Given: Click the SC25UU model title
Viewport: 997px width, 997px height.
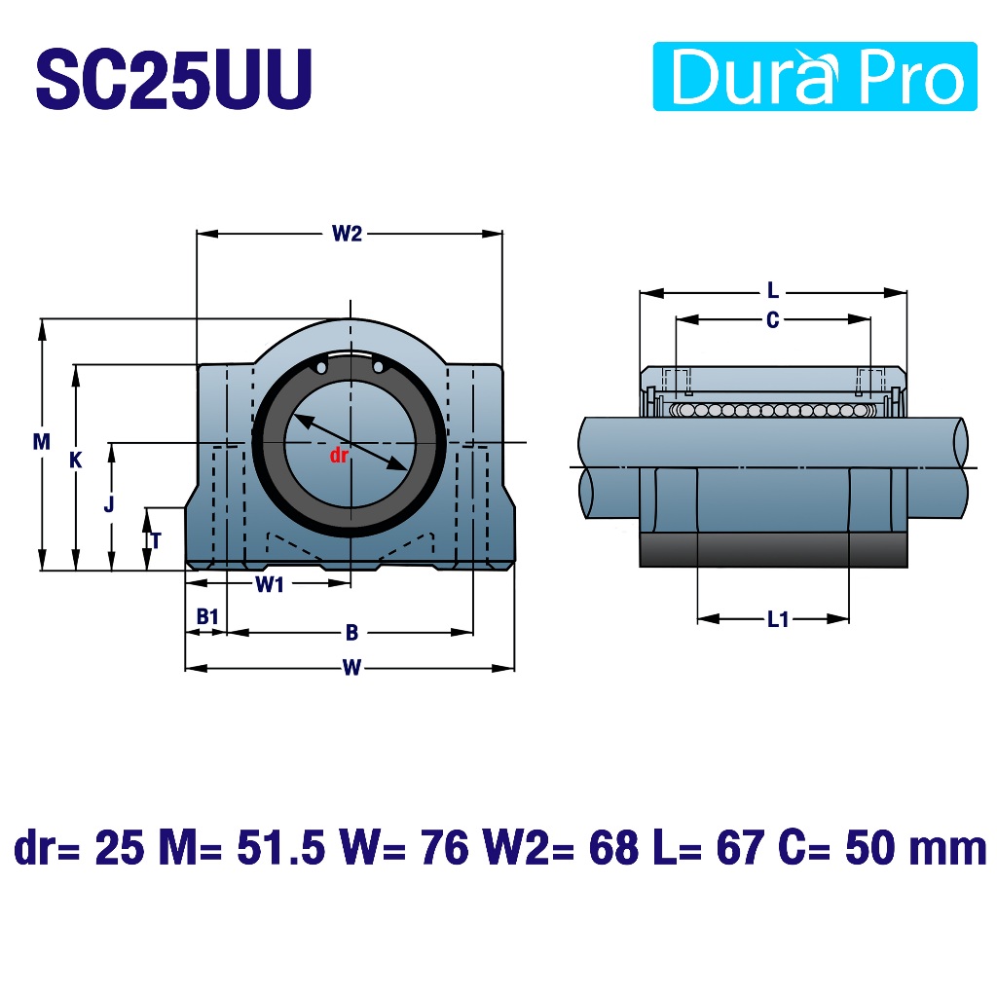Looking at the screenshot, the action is click(173, 79).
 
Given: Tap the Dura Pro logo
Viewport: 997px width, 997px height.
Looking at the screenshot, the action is click(815, 76).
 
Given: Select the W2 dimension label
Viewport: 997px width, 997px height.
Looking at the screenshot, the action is click(347, 234).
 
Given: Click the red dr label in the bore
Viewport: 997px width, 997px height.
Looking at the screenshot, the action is click(339, 455).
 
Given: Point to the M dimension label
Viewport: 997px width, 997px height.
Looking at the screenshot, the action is click(41, 441).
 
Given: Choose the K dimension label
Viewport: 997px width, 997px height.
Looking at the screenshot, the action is click(76, 460).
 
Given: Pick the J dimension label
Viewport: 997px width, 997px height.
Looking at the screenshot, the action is click(109, 503).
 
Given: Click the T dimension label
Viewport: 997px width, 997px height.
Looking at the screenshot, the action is click(156, 540).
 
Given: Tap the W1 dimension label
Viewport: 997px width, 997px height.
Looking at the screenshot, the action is click(270, 584).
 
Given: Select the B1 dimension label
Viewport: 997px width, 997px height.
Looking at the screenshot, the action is click(207, 616).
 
